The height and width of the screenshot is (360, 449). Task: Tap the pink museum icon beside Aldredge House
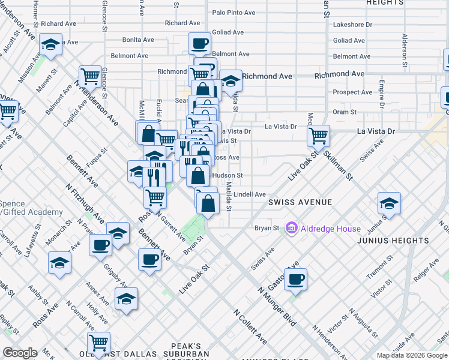tap(292, 228)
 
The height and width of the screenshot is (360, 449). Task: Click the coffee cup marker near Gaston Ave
tap(295, 279)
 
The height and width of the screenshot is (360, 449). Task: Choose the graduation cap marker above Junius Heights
tap(390, 204)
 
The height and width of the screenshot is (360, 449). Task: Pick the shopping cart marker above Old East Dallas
tap(98, 343)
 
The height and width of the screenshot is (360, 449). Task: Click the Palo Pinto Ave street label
tap(234, 12)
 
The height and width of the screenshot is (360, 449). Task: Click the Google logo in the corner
tap(20, 353)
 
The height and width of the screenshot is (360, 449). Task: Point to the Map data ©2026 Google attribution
tap(411, 355)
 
